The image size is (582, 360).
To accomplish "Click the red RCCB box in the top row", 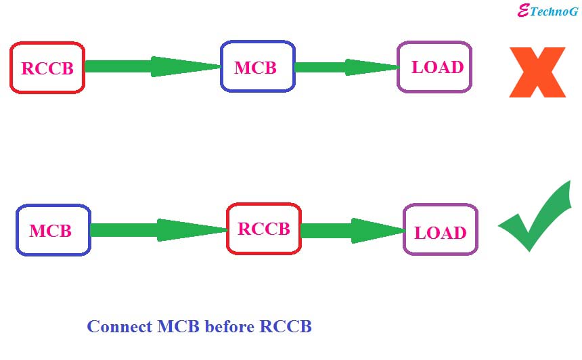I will pos(47,68).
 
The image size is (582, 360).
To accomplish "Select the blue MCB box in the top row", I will pos(257,67).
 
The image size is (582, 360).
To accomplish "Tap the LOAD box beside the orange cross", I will pos(434,67).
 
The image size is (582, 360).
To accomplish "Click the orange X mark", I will pos(537,72).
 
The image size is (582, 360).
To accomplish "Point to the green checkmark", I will pos(535,217).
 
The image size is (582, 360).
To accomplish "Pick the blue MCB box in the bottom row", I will pos(53,230).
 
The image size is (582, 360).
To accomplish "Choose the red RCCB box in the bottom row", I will pos(263,229).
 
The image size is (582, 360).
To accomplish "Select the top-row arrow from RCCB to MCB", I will pos(152,66).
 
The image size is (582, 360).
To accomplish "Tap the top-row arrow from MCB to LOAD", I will pos(345,67).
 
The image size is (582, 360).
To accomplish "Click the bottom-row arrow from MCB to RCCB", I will pos(158,230).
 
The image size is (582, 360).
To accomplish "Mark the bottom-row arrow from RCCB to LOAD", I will pos(352,230).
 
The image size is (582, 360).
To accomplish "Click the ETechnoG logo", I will pos(547,12).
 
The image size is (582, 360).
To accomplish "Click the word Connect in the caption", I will pos(120,326).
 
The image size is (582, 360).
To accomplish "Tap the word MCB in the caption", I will pos(179,326).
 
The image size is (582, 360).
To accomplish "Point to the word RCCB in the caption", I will pos(285,326).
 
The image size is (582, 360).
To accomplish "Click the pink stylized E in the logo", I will pos(522,11).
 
